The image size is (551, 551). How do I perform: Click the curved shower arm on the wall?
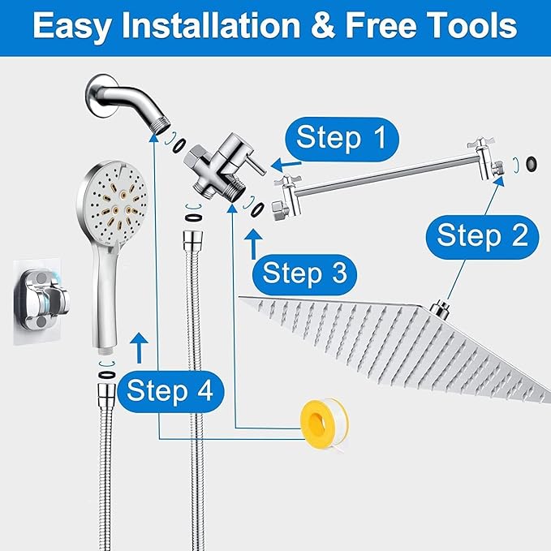pyautogui.click(x=131, y=101)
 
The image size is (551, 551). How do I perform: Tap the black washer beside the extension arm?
pyautogui.click(x=532, y=163)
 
